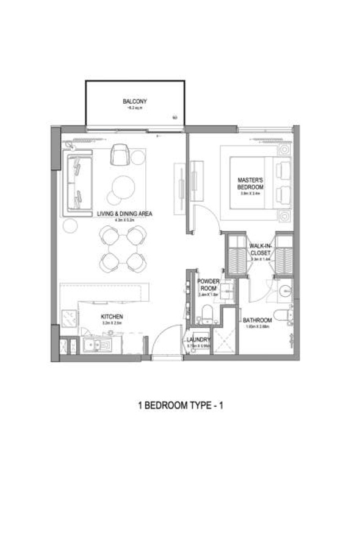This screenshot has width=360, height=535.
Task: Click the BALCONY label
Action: pos(134,101)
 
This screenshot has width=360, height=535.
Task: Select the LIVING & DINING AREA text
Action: pos(124,214)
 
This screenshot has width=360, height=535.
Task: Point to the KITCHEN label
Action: pos(112,316)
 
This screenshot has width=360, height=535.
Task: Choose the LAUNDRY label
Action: pos(199,340)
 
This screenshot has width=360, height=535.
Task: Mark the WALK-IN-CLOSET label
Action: pos(260,249)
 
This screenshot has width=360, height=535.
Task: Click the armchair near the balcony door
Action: pos(120,154)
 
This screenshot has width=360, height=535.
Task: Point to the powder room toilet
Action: pos(206,315)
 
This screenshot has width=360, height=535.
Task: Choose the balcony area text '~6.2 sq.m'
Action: pos(134,109)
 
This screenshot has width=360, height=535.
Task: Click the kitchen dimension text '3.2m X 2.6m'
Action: pos(112,324)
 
